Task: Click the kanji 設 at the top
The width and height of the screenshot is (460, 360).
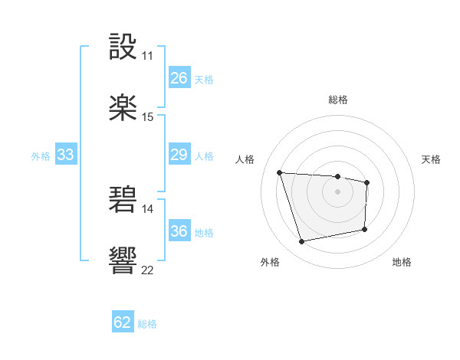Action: click(123, 47)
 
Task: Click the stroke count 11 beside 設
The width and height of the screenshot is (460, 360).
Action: click(147, 56)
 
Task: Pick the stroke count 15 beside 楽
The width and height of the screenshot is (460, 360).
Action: click(147, 116)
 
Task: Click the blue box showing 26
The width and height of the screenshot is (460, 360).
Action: click(179, 78)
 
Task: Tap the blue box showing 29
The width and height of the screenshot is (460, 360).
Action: click(179, 155)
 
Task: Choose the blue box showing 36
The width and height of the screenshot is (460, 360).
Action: click(179, 231)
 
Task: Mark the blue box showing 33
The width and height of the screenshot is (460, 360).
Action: click(66, 155)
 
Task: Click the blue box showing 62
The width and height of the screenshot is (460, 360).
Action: click(123, 322)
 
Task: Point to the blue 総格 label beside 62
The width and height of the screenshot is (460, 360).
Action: click(147, 324)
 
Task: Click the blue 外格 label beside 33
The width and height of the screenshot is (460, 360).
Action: click(41, 156)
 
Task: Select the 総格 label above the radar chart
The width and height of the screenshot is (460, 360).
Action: click(338, 100)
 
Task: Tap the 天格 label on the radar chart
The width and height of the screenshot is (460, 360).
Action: click(431, 159)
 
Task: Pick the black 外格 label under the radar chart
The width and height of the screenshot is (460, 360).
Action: click(269, 262)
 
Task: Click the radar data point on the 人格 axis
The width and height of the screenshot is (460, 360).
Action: click(280, 172)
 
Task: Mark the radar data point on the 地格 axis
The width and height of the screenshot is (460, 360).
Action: click(365, 229)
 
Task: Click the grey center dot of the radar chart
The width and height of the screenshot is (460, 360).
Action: click(337, 191)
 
